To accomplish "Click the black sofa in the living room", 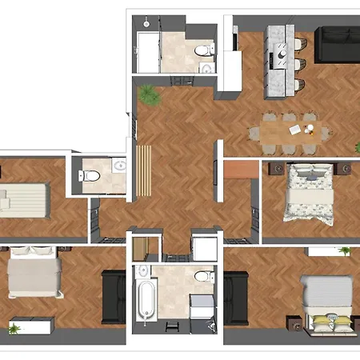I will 336,46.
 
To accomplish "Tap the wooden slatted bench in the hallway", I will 145,170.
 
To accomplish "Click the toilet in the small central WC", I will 90,174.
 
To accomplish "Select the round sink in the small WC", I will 120,167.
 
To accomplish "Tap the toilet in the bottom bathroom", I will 202,277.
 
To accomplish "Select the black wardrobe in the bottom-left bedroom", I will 114,298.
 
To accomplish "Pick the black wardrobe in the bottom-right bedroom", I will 237,298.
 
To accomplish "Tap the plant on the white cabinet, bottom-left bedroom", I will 14,328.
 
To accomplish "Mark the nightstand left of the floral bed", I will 274,170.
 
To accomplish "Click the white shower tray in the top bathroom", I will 150,53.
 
